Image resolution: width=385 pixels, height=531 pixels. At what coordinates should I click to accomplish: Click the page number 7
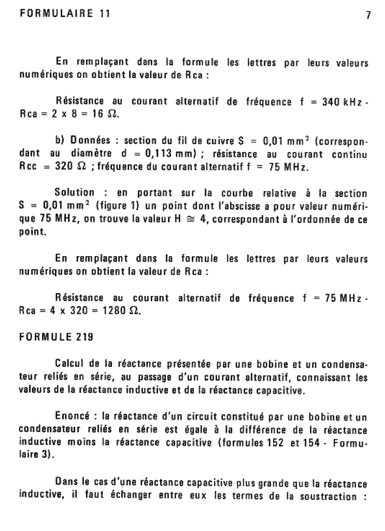tap(368, 16)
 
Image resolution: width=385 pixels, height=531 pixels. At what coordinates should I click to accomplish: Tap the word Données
tap(91, 142)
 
